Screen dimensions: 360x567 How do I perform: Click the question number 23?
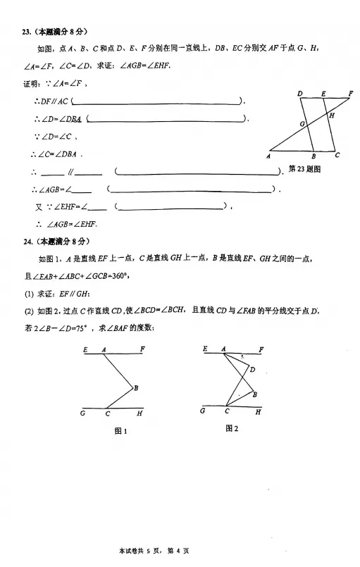point(26,32)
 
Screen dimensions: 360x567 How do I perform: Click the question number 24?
point(26,242)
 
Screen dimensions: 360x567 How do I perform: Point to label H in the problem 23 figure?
point(331,115)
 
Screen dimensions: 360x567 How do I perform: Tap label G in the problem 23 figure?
point(301,123)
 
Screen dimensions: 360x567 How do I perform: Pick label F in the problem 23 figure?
point(350,92)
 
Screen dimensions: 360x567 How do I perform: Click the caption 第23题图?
point(305,169)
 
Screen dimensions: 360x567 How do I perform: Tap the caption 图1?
point(120,431)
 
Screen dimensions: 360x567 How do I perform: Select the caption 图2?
point(232,428)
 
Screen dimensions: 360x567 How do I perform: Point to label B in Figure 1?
point(135,387)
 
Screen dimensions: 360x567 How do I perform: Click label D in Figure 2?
point(252,369)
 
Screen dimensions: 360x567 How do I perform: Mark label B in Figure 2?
point(254,394)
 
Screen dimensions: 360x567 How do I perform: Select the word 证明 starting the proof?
point(32,85)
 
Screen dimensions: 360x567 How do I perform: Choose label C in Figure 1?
point(107,413)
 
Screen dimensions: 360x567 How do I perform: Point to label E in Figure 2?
point(205,349)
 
